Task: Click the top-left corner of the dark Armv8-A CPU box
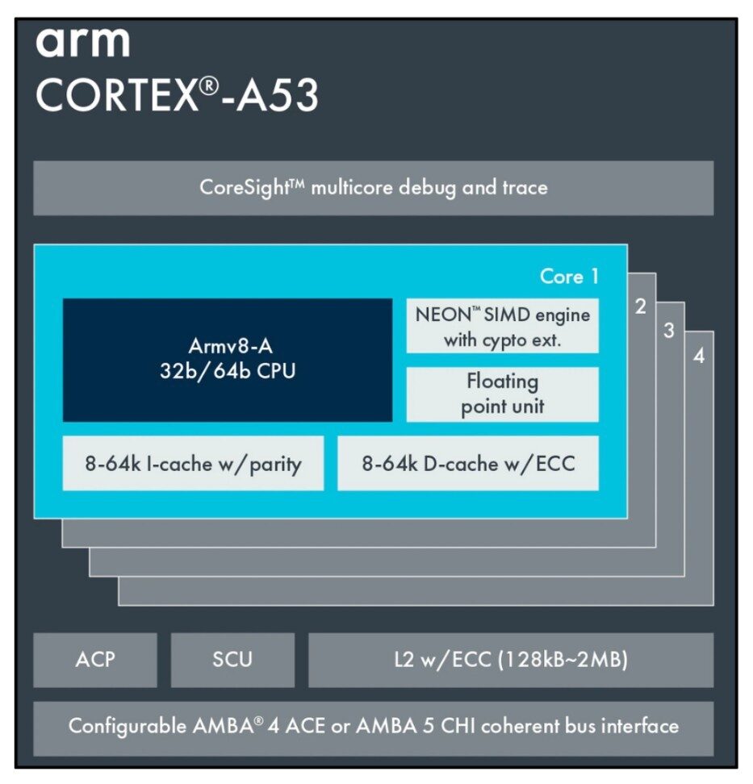(x=63, y=299)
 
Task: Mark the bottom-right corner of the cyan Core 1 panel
(x=627, y=519)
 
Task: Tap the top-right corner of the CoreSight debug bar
(x=714, y=161)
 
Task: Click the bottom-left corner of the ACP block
(x=34, y=687)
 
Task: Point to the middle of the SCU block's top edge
(x=232, y=633)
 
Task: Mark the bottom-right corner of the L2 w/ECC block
(x=714, y=687)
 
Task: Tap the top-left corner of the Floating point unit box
(x=407, y=368)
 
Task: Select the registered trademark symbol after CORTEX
(x=209, y=86)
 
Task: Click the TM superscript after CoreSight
(x=297, y=183)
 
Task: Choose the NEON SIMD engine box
(x=502, y=326)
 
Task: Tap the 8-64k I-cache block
(x=193, y=464)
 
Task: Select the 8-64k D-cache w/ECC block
(x=468, y=464)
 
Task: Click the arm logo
(x=83, y=42)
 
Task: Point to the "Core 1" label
(x=569, y=277)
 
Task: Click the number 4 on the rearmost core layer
(x=699, y=356)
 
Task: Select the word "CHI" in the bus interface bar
(x=458, y=726)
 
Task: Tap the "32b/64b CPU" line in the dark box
(x=228, y=371)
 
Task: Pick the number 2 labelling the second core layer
(x=641, y=307)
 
